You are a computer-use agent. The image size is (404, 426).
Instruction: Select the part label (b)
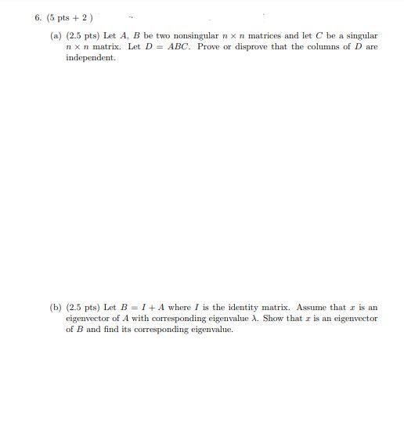tap(56, 308)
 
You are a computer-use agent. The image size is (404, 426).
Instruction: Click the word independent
tap(90, 58)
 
